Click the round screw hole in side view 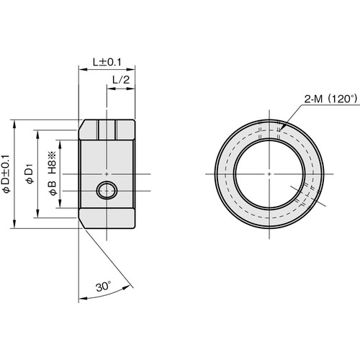coord(106,192)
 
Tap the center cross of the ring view coord(268,174)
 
